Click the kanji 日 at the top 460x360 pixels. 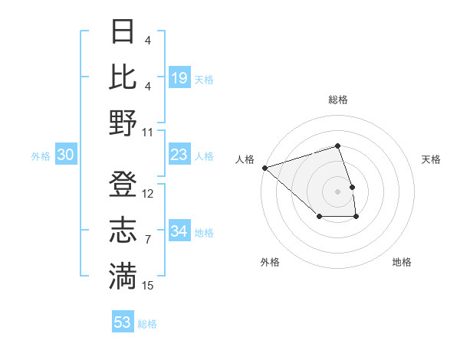click(x=123, y=31)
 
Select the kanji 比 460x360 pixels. click(x=123, y=77)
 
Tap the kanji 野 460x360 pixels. click(x=123, y=123)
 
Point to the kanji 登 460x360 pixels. click(x=123, y=185)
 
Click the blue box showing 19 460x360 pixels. click(x=179, y=77)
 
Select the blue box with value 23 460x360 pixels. click(x=179, y=155)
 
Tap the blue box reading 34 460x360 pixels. click(x=179, y=231)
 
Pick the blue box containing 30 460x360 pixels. click(x=65, y=155)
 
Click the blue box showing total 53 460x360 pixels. click(x=123, y=322)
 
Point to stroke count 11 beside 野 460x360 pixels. click(x=148, y=132)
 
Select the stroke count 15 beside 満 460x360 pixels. click(x=148, y=286)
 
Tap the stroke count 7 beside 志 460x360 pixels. click(x=147, y=240)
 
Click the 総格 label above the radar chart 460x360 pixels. click(x=337, y=100)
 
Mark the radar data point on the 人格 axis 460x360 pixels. click(x=264, y=167)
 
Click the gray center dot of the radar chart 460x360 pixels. click(x=337, y=191)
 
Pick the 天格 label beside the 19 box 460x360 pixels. click(x=204, y=80)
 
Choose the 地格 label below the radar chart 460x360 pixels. click(x=402, y=262)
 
